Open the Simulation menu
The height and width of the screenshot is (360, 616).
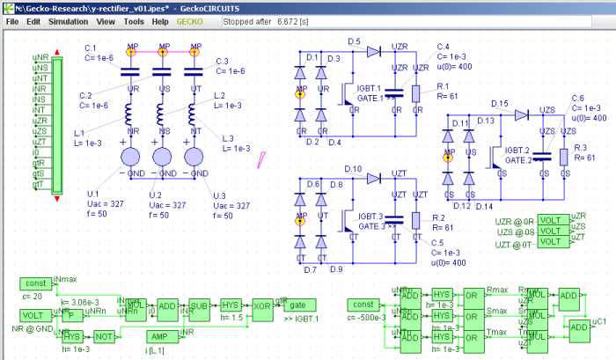pos(69,20)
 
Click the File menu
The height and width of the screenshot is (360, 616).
pos(12,20)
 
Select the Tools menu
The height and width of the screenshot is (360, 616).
pos(134,20)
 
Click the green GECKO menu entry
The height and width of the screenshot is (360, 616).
pos(188,20)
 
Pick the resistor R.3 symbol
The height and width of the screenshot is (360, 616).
pos(562,158)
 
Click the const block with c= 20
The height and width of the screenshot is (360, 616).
pos(36,283)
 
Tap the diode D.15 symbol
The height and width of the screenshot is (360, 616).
pos(520,114)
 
